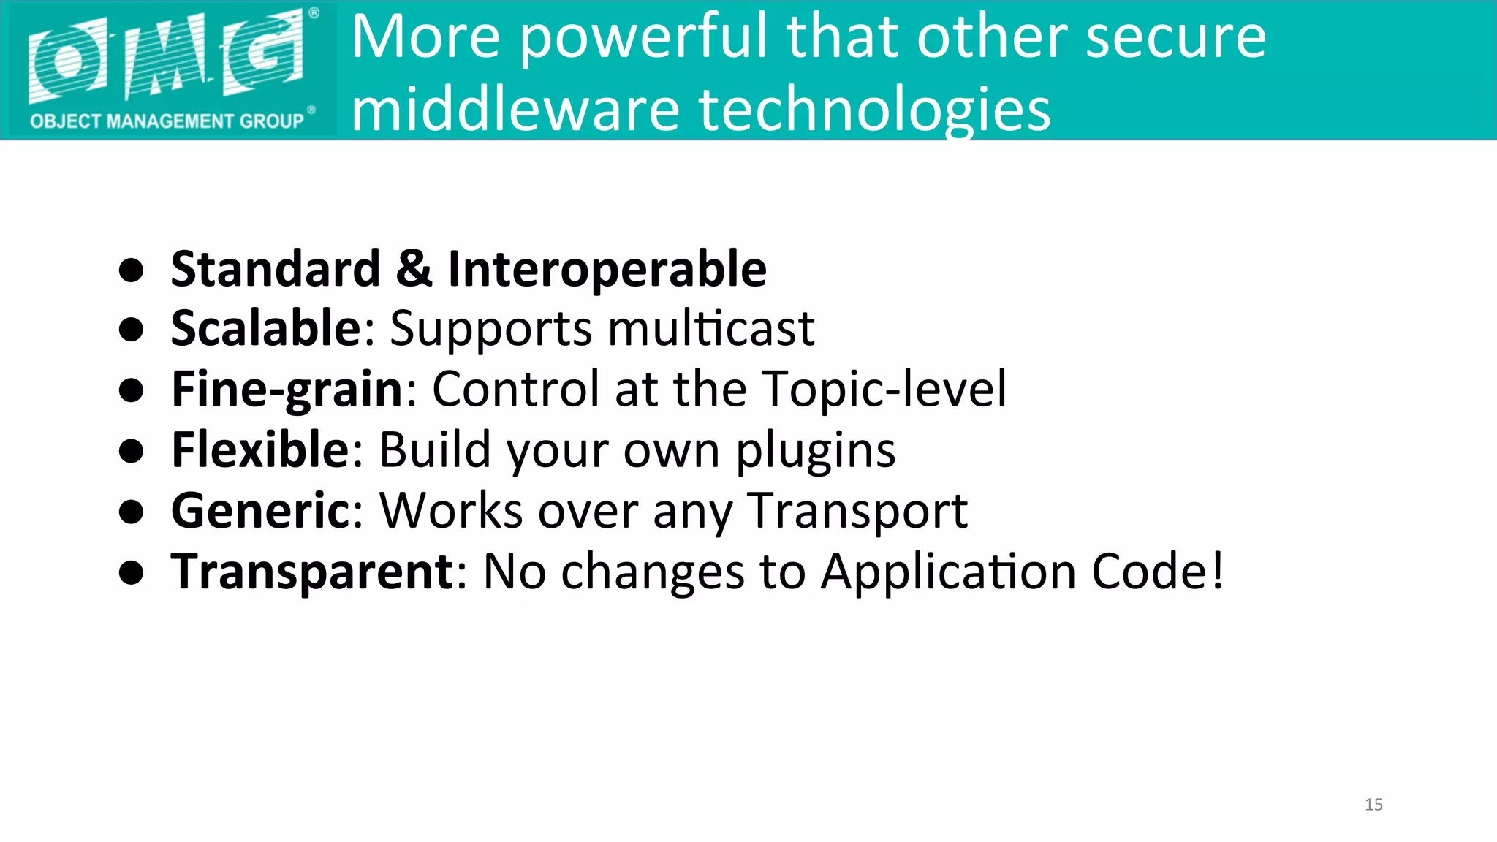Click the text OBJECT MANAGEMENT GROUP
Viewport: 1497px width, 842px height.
pyautogui.click(x=167, y=121)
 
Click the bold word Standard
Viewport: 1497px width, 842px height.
pyautogui.click(x=276, y=268)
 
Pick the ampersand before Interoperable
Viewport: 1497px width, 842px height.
pyautogui.click(x=414, y=268)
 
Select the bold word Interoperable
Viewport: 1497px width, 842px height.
pyautogui.click(x=607, y=270)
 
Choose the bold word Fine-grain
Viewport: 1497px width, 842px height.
pyautogui.click(x=287, y=390)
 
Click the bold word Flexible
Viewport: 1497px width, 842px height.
pyautogui.click(x=261, y=450)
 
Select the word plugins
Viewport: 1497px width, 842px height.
pyautogui.click(x=815, y=451)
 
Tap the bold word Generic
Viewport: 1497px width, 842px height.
pyautogui.click(x=261, y=510)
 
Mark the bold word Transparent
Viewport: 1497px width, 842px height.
pyautogui.click(x=312, y=572)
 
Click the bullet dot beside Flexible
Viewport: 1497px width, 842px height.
pyautogui.click(x=132, y=451)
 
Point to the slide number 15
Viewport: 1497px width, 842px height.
pyautogui.click(x=1373, y=805)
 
